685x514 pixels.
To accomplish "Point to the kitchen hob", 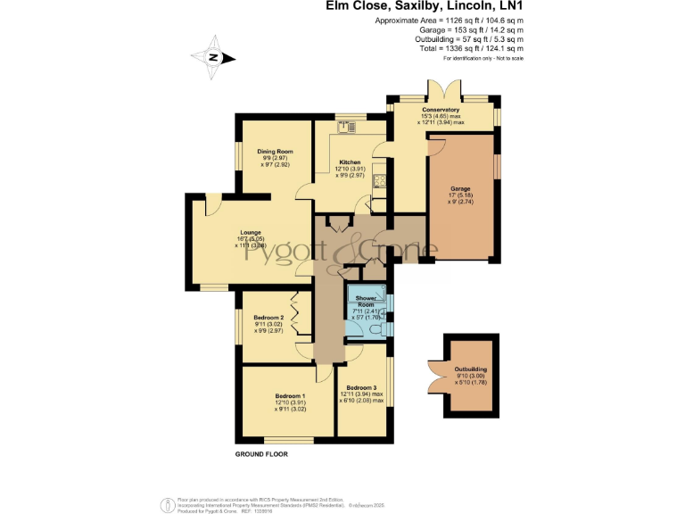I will tap(380, 181).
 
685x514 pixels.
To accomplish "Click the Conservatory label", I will tap(441, 110).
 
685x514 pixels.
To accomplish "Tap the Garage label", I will tap(460, 188).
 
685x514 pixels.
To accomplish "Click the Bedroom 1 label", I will tap(290, 395).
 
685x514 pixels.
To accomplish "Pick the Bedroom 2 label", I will tap(268, 318).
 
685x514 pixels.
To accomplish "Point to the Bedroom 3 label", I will tap(361, 386).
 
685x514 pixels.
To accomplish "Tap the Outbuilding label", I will tap(471, 369).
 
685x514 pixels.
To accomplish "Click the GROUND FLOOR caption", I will tap(261, 454).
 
